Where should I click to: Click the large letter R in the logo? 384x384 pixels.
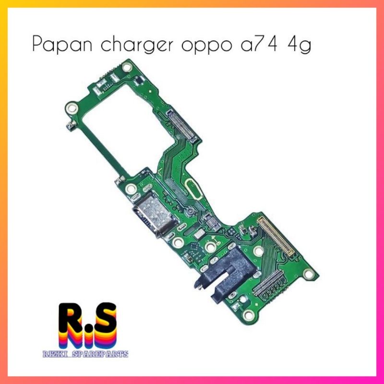click(71, 317)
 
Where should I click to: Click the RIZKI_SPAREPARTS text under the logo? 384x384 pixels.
click(85, 354)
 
